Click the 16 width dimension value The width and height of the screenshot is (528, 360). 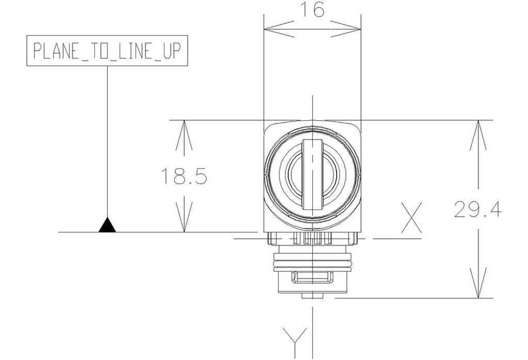click(312, 9)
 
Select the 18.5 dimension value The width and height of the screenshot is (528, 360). click(184, 176)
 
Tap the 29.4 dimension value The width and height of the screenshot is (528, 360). click(478, 209)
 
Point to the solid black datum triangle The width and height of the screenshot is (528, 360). click(107, 225)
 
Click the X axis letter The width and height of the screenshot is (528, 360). click(411, 218)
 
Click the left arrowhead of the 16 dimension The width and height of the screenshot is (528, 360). click(279, 29)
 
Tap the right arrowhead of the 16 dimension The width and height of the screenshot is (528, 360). click(345, 29)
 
